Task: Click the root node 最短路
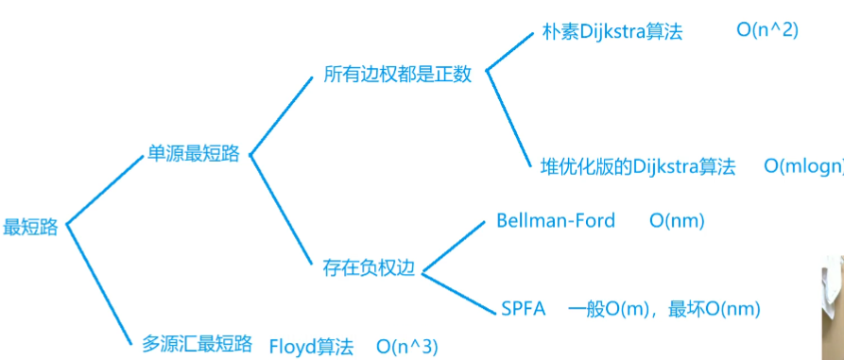coord(31,227)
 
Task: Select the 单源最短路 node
coord(194,153)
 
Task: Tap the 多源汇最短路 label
coord(198,343)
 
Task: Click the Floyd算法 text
coord(311,346)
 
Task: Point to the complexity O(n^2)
coord(767,30)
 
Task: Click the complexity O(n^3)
coord(407,346)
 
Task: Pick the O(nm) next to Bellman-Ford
coord(677,221)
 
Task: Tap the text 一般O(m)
coord(609,308)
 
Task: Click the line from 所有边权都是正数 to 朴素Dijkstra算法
coord(508,51)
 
